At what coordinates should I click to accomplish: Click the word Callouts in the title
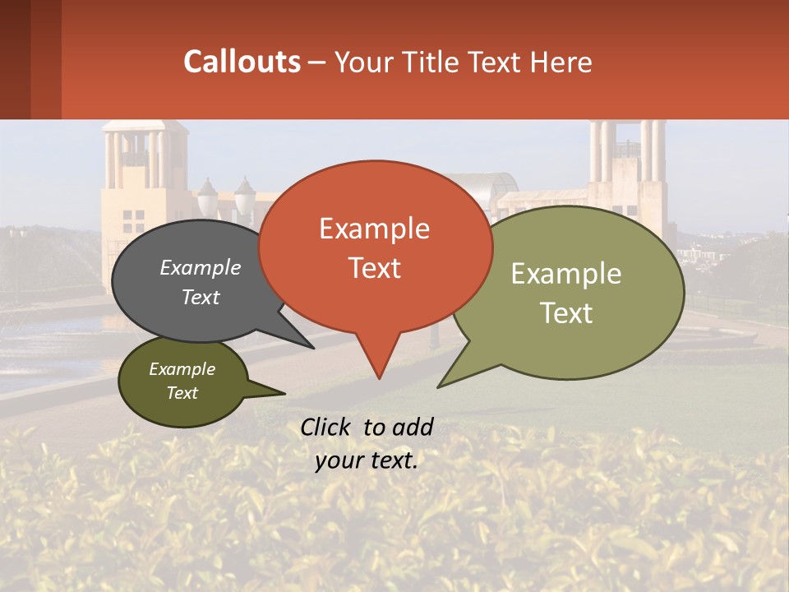[242, 62]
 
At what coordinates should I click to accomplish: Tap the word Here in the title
[562, 62]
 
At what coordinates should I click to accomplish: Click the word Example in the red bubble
[374, 229]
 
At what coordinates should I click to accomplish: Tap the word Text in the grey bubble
[201, 297]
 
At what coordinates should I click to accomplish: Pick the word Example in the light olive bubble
[565, 274]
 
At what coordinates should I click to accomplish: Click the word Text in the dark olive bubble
[182, 393]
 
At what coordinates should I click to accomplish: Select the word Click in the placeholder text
[327, 427]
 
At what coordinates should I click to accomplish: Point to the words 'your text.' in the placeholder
[366, 460]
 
